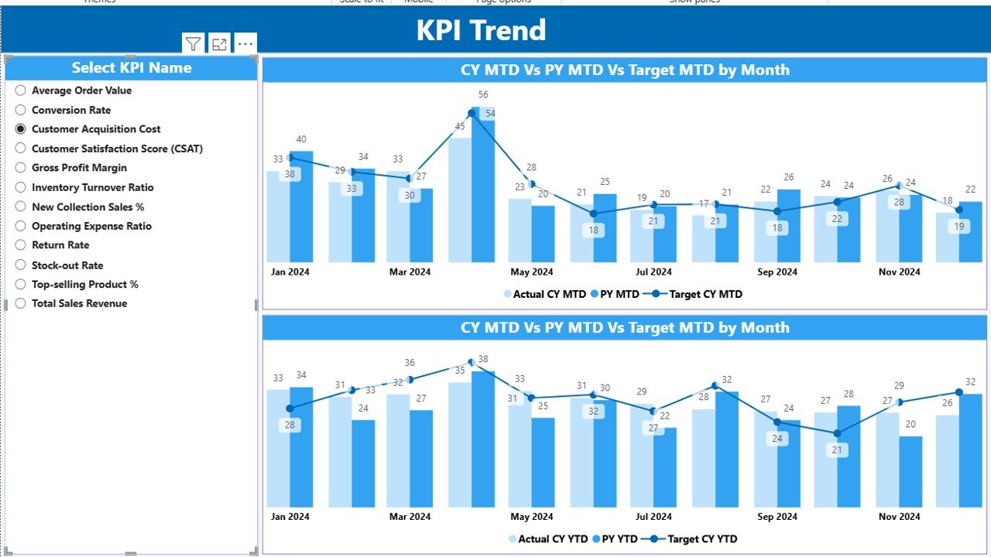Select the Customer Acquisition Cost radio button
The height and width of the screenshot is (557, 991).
tap(21, 129)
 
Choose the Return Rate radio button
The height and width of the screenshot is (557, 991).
tap(21, 245)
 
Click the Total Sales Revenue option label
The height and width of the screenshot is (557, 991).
tap(79, 303)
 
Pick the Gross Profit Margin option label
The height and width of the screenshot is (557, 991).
tap(79, 168)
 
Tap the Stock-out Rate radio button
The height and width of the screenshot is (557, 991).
tap(21, 265)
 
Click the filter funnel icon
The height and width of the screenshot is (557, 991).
tap(193, 45)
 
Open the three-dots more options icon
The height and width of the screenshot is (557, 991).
tap(245, 45)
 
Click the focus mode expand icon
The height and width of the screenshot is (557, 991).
tap(220, 45)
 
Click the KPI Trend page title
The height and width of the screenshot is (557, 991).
tap(481, 30)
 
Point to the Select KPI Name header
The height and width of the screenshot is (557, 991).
tap(132, 68)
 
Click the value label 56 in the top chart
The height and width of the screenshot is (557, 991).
tap(483, 95)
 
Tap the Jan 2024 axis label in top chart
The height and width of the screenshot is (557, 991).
tap(289, 272)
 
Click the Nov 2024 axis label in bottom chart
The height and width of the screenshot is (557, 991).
tap(899, 517)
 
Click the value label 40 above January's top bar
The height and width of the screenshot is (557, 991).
tap(301, 140)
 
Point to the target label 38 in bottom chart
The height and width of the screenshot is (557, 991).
tap(483, 359)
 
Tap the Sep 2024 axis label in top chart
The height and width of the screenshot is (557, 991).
tap(777, 272)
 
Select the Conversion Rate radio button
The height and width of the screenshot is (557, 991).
tap(21, 110)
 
